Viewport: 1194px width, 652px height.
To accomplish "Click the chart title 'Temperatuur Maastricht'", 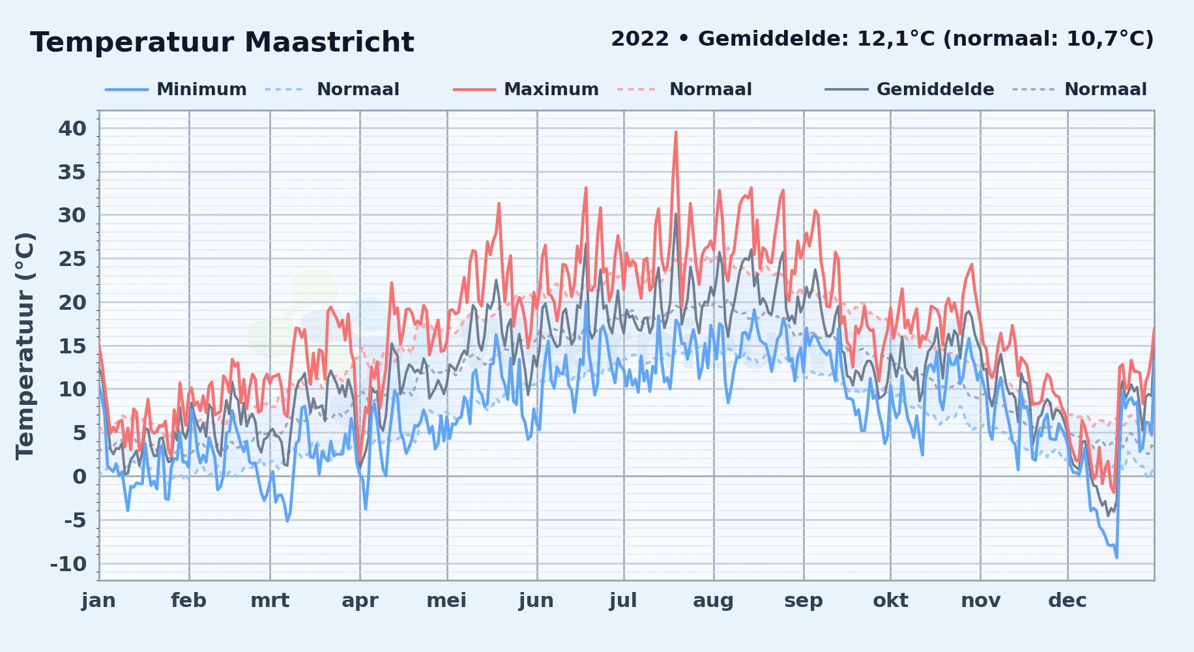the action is click(222, 42).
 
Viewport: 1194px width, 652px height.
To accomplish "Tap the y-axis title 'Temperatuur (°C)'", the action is click(25, 346).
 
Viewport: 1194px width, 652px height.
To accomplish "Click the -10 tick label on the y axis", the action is click(68, 564).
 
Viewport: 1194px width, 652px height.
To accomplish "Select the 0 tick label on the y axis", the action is click(80, 477).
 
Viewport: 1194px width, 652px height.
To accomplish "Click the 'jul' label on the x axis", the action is click(623, 600).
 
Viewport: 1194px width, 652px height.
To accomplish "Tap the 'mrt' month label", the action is click(270, 600).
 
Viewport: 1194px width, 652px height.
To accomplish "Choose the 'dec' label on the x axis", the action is click(1067, 600).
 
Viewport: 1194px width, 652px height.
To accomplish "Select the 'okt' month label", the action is click(890, 600).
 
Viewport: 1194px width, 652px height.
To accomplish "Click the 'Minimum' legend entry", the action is click(201, 89).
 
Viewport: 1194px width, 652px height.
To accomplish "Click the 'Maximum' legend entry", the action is click(551, 89).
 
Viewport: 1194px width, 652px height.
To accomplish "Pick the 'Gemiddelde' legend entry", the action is click(935, 89).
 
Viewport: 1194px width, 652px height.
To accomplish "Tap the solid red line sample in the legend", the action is click(474, 89).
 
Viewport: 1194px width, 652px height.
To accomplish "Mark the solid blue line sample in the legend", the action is click(126, 89).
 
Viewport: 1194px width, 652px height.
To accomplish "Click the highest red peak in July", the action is click(676, 132).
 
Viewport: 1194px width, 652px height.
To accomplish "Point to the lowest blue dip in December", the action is click(1116, 557).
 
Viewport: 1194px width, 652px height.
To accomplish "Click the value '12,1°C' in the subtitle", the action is click(896, 39).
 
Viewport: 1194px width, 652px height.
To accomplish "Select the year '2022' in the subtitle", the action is click(640, 39).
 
